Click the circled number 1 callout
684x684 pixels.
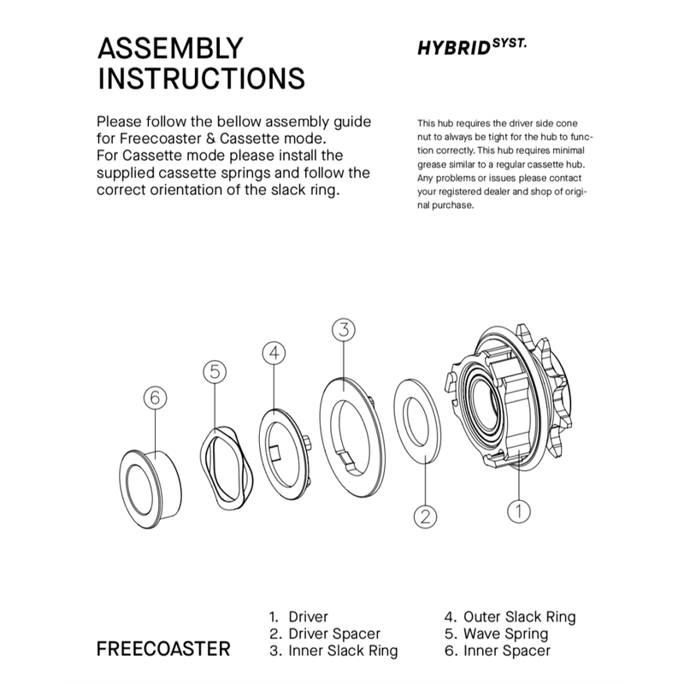[519, 511]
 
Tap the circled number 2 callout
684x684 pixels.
[425, 516]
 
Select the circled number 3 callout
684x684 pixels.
[343, 330]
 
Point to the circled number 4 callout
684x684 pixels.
[272, 352]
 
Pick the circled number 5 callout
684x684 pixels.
[215, 371]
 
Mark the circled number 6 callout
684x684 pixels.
[155, 398]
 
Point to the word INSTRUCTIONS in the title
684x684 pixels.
[202, 78]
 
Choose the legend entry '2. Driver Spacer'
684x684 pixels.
[324, 634]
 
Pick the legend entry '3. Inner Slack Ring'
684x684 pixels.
[333, 652]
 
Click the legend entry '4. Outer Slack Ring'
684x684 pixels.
[510, 616]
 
